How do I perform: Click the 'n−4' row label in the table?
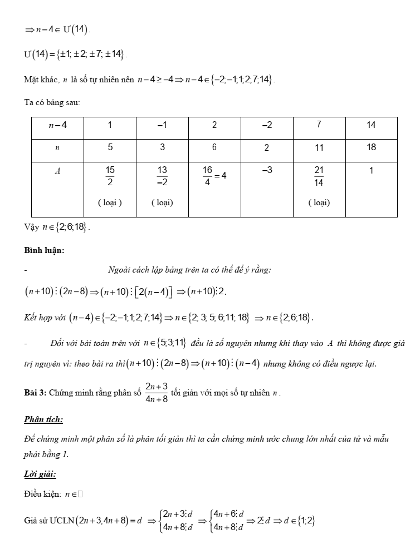[x=57, y=126]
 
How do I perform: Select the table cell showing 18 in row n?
[x=372, y=147]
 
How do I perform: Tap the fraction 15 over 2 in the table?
[x=110, y=176]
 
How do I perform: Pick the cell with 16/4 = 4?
[x=214, y=176]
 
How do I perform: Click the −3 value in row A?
[x=267, y=170]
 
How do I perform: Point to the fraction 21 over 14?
[x=319, y=176]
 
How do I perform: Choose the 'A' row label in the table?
[x=57, y=171]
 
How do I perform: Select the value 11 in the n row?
[x=319, y=148]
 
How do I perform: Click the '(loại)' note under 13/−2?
[x=162, y=202]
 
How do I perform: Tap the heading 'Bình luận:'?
[x=44, y=250]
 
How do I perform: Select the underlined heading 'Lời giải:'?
[x=40, y=474]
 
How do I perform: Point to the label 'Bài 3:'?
[x=35, y=393]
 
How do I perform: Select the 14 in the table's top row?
[x=372, y=125]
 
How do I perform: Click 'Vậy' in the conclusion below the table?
[x=32, y=227]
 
